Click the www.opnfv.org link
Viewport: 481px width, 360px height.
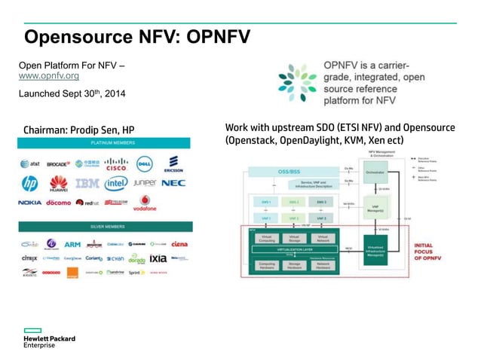[48, 77]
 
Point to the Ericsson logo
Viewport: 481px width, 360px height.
[175, 163]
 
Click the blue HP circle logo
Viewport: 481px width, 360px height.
[30, 183]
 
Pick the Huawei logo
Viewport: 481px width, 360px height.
[58, 183]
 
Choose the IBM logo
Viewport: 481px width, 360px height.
[87, 183]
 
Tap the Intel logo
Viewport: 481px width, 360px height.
[116, 183]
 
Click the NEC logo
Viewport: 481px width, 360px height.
[173, 183]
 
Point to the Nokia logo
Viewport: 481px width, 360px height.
[30, 203]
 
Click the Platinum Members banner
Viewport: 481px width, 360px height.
[106, 142]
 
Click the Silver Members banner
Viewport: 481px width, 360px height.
[106, 227]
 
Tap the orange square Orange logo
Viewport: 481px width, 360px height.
[73, 273]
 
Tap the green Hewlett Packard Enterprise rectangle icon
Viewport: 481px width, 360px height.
[31, 330]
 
